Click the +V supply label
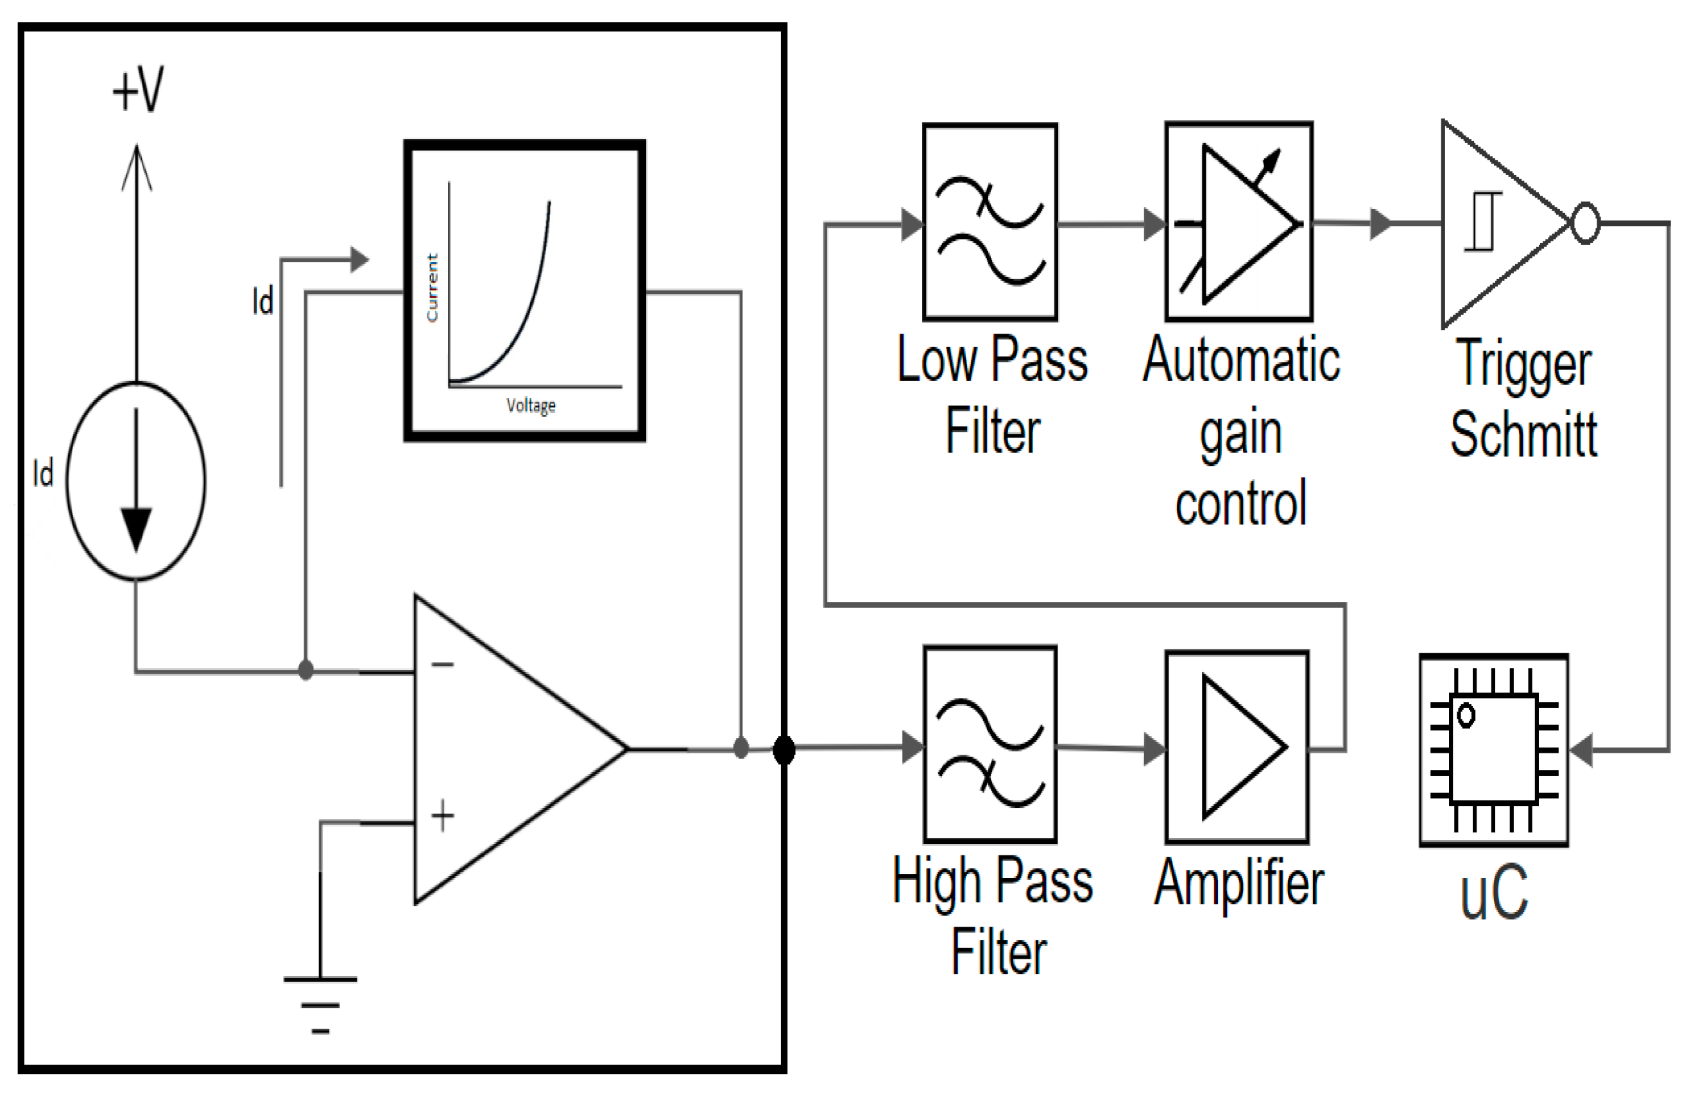click(139, 90)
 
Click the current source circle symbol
click(136, 481)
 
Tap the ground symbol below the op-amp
click(320, 1004)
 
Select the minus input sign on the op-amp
click(443, 664)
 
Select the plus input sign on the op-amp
click(443, 816)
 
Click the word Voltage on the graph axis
click(531, 406)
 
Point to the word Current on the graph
click(431, 287)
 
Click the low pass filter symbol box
click(990, 221)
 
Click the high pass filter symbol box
click(990, 744)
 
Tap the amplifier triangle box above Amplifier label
click(1237, 747)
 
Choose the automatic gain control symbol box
click(1239, 221)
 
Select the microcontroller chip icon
click(1494, 749)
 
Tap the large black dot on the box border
click(784, 750)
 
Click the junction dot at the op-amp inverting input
click(306, 669)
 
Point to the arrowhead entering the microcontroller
click(1582, 750)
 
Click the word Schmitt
click(1523, 434)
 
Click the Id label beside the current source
click(43, 474)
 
